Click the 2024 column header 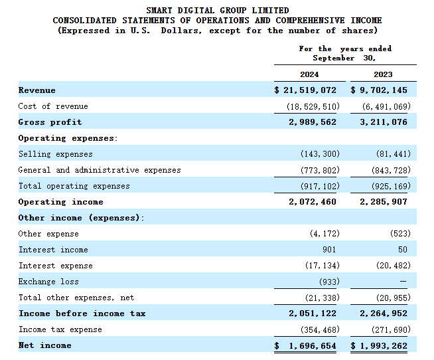click(x=309, y=74)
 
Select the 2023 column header click(x=383, y=74)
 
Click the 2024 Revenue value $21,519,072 click(x=305, y=90)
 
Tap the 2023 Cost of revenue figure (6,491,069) click(x=386, y=106)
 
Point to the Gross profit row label click(x=50, y=122)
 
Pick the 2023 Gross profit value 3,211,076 click(x=384, y=122)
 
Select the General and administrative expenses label click(x=100, y=170)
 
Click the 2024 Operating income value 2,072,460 click(x=313, y=202)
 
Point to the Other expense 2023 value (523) click(x=401, y=234)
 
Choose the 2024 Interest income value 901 click(x=329, y=250)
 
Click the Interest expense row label click(x=56, y=266)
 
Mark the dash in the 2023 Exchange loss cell click(x=403, y=282)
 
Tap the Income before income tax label click(x=82, y=314)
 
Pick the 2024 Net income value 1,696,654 click(x=305, y=345)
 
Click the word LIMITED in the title click(x=270, y=11)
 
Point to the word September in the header click(x=334, y=58)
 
